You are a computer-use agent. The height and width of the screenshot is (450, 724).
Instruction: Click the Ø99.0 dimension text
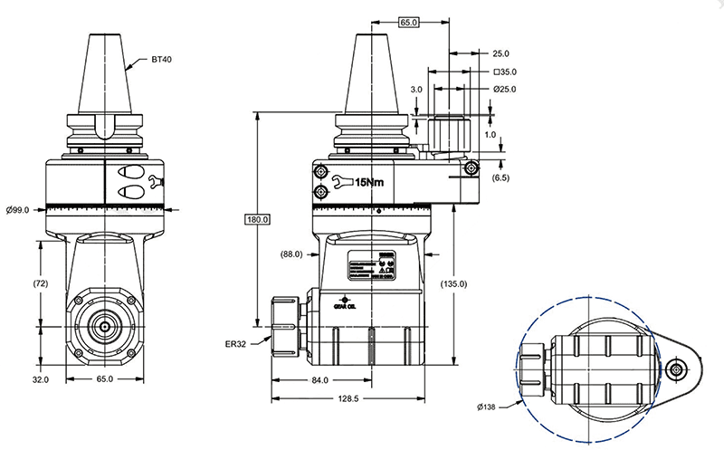[17, 210]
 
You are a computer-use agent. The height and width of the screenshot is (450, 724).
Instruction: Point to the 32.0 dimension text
[40, 378]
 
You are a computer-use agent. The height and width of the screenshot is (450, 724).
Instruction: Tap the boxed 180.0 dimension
[259, 219]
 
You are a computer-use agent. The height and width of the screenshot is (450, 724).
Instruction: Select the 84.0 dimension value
[319, 380]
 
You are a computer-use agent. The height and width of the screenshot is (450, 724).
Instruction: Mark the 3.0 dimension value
[415, 90]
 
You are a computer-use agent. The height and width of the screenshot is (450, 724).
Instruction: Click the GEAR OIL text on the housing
[347, 306]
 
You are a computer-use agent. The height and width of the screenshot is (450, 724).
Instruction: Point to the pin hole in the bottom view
[677, 369]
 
